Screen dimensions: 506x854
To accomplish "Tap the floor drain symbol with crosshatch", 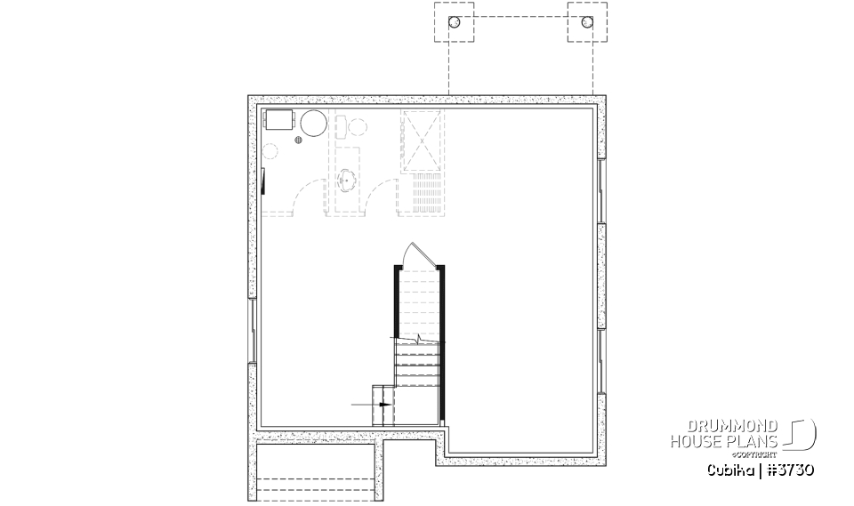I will coord(300,140).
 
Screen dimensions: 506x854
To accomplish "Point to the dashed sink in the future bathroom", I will coord(348,181).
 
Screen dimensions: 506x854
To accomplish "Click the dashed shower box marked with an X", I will coord(421,141).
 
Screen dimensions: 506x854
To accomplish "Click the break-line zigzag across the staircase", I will coord(417,339).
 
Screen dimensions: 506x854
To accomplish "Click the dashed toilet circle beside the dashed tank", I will coord(357,128).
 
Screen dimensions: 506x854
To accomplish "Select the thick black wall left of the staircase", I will coord(396,301).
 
